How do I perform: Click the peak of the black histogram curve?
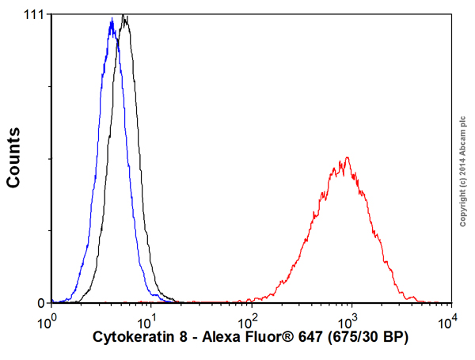pyautogui.click(x=124, y=17)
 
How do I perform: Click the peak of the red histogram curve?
pyautogui.click(x=346, y=158)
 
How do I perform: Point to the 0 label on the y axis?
pyautogui.click(x=40, y=302)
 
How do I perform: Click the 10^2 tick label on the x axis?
pyautogui.click(x=249, y=321)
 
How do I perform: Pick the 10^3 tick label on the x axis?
pyautogui.click(x=348, y=321)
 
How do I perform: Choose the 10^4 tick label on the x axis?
pyautogui.click(x=448, y=321)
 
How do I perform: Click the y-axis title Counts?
pyautogui.click(x=13, y=158)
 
